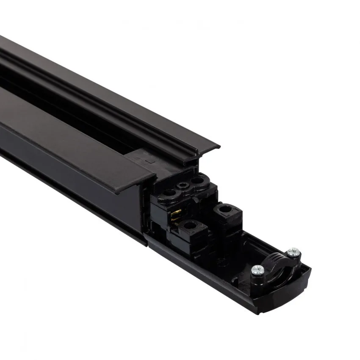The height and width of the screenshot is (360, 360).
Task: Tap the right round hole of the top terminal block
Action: [x=196, y=180]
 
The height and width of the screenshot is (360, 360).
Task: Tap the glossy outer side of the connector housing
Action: [x=212, y=275]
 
